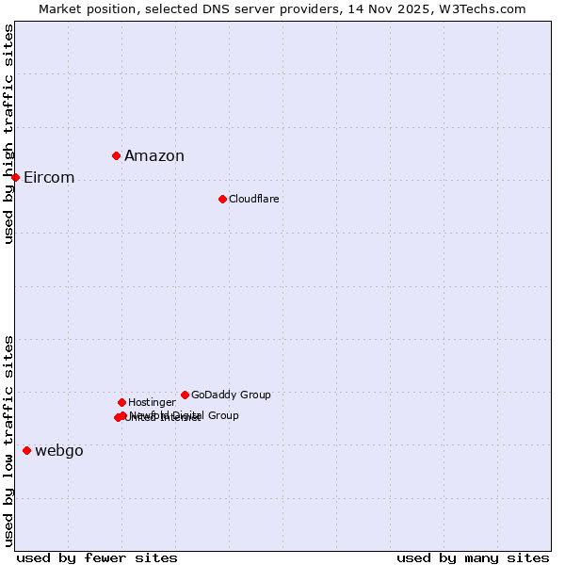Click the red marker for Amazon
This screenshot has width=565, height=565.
116,155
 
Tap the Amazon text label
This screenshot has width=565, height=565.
154,156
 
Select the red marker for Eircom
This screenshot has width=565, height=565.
15,177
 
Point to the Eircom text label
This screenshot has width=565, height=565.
49,178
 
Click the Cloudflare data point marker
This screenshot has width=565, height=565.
222,199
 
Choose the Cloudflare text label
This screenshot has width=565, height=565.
254,199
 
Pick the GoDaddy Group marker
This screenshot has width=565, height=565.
185,395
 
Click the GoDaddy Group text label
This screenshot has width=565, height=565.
231,395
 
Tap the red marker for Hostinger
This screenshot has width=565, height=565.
121,402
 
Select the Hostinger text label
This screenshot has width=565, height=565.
152,402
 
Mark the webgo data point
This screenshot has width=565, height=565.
26,450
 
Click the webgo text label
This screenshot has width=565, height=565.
59,451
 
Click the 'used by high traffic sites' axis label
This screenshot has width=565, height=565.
9,134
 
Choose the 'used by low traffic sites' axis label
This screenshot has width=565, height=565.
9,441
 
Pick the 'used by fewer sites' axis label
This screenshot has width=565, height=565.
97,557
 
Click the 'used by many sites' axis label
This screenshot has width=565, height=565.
473,557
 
